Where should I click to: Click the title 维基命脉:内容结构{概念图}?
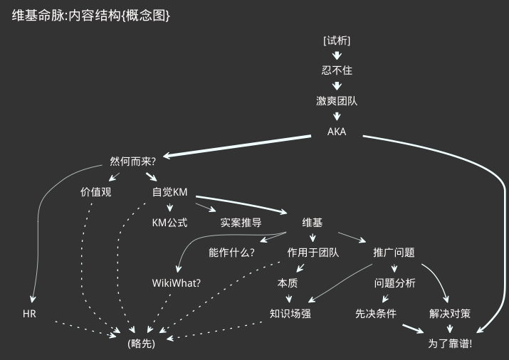pos(91,16)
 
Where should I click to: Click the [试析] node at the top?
pos(337,41)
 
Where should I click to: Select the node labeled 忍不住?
pos(337,70)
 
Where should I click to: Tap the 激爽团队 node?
pos(337,101)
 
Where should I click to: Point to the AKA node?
pos(337,132)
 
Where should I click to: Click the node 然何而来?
pos(133,162)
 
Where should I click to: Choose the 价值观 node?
pos(96,192)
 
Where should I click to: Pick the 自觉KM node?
pos(169,192)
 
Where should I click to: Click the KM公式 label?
pos(169,223)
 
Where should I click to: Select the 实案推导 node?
pos(241,223)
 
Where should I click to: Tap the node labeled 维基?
pos(313,223)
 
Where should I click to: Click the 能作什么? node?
pos(231,253)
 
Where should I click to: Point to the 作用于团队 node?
pos(313,253)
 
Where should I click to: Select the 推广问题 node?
pos(394,253)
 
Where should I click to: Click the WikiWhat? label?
pos(177,283)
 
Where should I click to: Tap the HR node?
pos(29,314)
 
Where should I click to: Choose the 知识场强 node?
pos(290,314)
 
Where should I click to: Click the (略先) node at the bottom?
pos(141,344)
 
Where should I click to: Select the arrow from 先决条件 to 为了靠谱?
pos(414,328)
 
